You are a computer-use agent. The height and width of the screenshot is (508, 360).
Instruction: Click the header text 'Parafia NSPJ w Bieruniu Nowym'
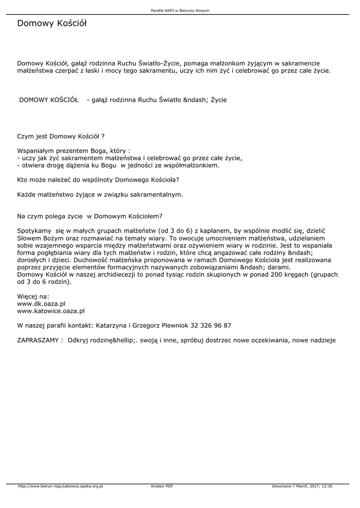point(179,10)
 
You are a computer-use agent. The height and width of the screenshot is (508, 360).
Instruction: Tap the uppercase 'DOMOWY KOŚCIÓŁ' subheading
point(49,100)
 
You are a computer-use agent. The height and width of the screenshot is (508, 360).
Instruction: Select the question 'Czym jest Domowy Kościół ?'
point(61,135)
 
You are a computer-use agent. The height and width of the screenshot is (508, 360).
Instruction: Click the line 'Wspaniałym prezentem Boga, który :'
point(74,150)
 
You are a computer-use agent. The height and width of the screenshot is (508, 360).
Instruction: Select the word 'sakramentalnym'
point(155,194)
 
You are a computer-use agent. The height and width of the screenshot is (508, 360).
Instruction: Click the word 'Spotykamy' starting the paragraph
point(34,231)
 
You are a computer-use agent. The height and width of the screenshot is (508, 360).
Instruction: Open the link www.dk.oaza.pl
point(42,303)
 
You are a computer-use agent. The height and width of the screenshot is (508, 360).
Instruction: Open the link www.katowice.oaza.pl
point(51,311)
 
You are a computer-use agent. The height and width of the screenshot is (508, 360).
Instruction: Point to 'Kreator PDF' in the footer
point(162,486)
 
